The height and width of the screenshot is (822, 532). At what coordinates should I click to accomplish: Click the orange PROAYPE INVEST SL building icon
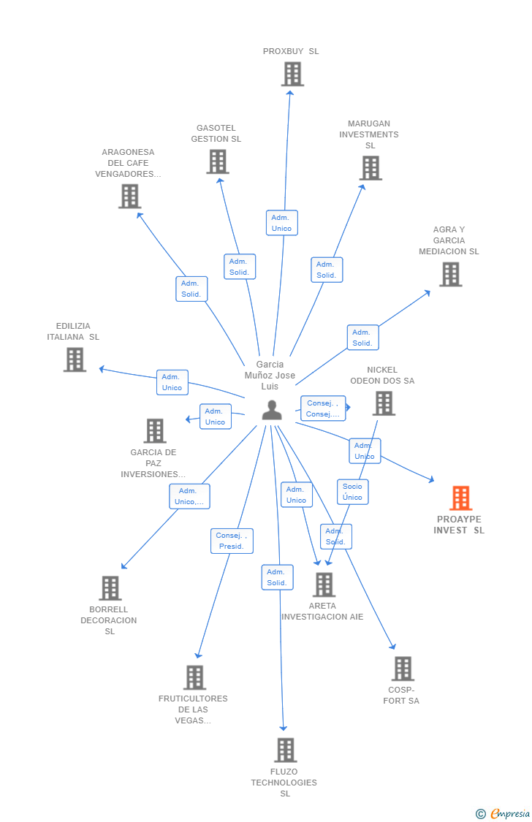pyautogui.click(x=460, y=498)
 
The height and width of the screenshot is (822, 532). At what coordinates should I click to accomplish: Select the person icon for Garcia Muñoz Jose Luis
pyautogui.click(x=272, y=411)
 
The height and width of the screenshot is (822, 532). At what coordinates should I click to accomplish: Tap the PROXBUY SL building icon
pyautogui.click(x=292, y=74)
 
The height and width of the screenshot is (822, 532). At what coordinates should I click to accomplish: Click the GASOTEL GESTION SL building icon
pyautogui.click(x=218, y=161)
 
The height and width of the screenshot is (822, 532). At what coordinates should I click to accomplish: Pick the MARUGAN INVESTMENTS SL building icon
pyautogui.click(x=370, y=168)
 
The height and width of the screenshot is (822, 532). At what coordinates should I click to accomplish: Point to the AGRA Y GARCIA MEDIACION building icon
pyautogui.click(x=450, y=274)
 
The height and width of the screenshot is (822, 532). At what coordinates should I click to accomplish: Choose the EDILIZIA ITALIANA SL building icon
pyautogui.click(x=75, y=359)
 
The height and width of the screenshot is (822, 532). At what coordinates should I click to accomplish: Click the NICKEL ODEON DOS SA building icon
pyautogui.click(x=384, y=403)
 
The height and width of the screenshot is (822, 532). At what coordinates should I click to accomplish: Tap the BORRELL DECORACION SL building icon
pyautogui.click(x=110, y=588)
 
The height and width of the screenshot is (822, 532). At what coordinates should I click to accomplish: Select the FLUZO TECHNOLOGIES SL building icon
pyautogui.click(x=285, y=750)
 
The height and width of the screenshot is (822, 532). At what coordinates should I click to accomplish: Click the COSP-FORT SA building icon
pyautogui.click(x=403, y=669)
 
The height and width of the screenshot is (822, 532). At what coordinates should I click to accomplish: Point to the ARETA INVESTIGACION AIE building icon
pyautogui.click(x=324, y=585)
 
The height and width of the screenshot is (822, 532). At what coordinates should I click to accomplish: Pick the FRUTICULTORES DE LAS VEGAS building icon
pyautogui.click(x=194, y=677)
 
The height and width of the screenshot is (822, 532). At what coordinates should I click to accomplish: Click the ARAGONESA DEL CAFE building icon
pyautogui.click(x=129, y=196)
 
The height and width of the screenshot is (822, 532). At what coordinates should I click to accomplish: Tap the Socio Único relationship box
pyautogui.click(x=352, y=492)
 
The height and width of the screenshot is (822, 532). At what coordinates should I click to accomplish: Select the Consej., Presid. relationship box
pyautogui.click(x=232, y=541)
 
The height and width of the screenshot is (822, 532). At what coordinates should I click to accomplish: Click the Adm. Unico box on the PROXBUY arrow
pyautogui.click(x=281, y=223)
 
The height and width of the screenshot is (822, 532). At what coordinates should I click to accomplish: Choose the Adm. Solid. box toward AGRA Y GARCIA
pyautogui.click(x=362, y=338)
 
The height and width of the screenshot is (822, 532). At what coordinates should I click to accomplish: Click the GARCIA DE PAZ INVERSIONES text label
pyautogui.click(x=153, y=463)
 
